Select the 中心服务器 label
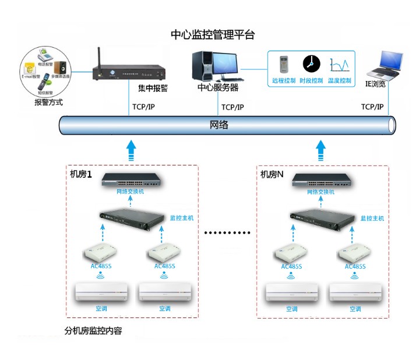[218, 89]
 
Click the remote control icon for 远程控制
[284, 65]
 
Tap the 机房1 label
[82, 174]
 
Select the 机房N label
[272, 174]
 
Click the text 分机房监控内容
[93, 331]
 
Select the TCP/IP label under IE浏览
[372, 107]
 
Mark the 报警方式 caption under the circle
[48, 103]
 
